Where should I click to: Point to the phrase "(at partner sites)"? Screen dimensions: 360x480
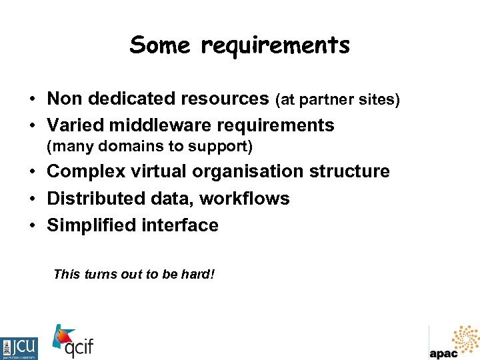coord(337,100)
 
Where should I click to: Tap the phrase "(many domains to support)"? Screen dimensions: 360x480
coord(149,146)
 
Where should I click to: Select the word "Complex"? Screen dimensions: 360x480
coord(86,171)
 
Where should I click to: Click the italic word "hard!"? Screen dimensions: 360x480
coord(198,274)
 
